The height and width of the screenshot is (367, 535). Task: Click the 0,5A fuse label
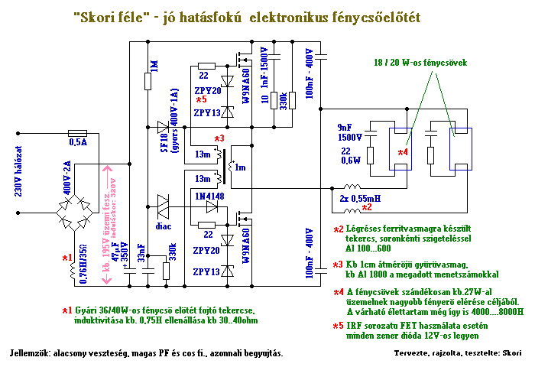pyautogui.click(x=78, y=142)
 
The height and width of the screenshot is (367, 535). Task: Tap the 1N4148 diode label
pyautogui.click(x=209, y=196)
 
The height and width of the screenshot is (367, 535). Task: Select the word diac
pyautogui.click(x=164, y=226)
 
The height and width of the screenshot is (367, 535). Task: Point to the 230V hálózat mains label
pyautogui.click(x=18, y=171)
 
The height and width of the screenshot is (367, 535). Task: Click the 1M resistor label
pyautogui.click(x=154, y=67)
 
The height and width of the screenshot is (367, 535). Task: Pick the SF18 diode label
pyautogui.click(x=163, y=143)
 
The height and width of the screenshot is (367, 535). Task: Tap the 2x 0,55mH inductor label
pyautogui.click(x=360, y=198)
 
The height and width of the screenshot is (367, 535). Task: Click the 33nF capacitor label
pyautogui.click(x=141, y=253)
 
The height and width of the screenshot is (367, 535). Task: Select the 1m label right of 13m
pyautogui.click(x=240, y=167)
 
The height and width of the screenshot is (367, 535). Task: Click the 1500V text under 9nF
pyautogui.click(x=350, y=138)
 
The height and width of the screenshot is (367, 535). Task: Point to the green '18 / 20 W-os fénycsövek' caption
pyautogui.click(x=420, y=63)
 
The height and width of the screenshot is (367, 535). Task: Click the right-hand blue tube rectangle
pyautogui.click(x=460, y=149)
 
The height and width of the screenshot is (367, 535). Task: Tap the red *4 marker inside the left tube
pyautogui.click(x=403, y=152)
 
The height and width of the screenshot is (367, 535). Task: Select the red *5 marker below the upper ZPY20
pyautogui.click(x=201, y=100)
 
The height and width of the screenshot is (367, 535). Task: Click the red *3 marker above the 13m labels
pyautogui.click(x=219, y=138)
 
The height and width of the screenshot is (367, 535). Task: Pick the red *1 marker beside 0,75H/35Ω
pyautogui.click(x=67, y=258)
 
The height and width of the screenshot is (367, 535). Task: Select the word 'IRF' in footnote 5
pyautogui.click(x=355, y=326)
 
